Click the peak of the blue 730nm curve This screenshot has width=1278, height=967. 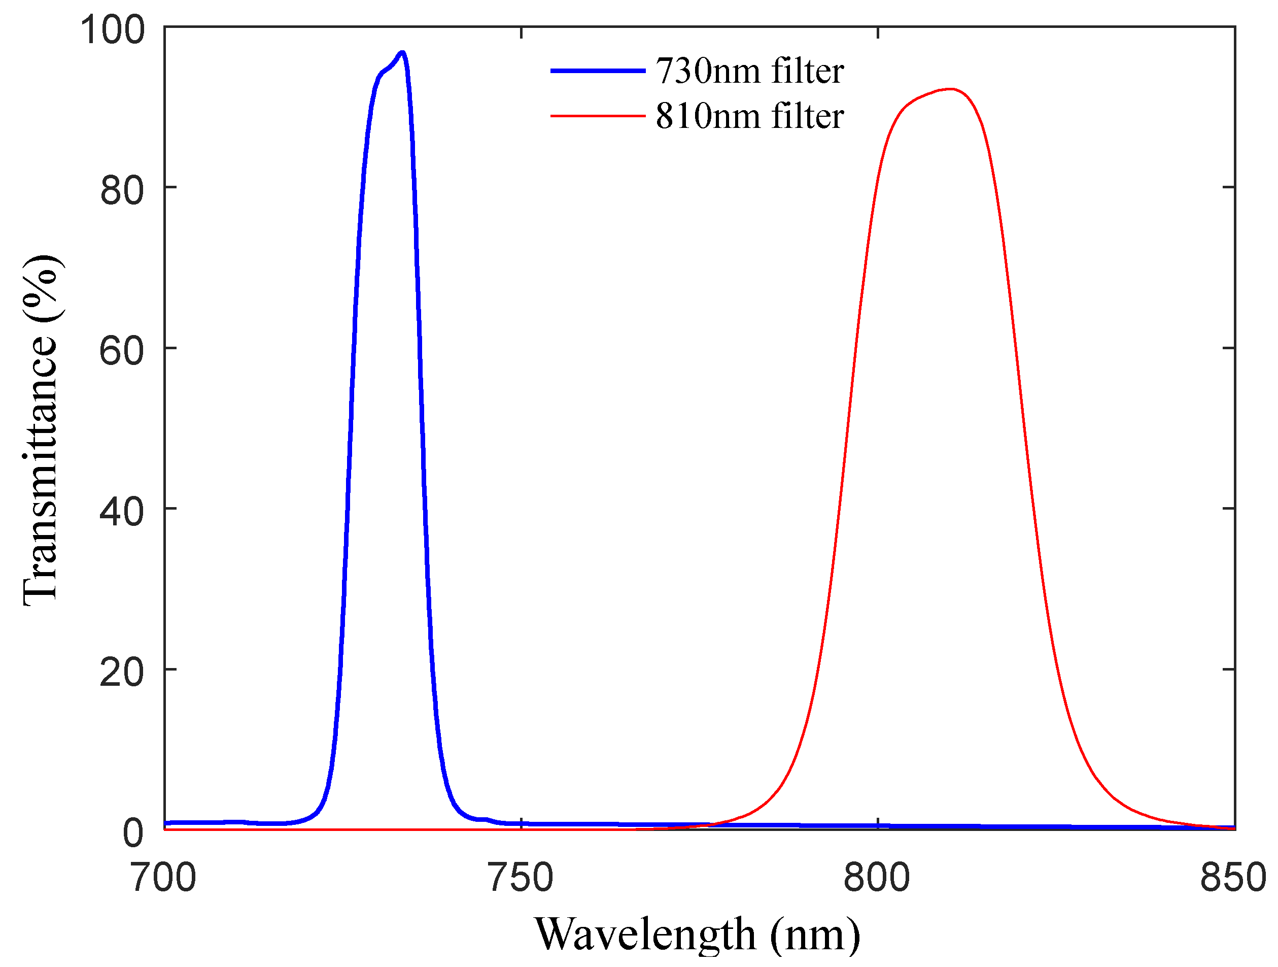[402, 53]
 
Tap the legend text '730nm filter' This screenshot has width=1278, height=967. [749, 72]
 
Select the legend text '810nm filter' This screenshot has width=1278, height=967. [749, 116]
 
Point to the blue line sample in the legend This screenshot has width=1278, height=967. [598, 71]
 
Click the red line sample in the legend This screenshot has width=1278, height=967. [598, 116]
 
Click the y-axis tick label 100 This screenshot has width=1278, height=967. [112, 29]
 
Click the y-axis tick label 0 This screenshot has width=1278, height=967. [133, 833]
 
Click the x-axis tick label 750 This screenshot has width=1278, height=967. [521, 878]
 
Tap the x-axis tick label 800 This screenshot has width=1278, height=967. [877, 878]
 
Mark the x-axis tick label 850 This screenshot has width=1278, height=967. [1233, 878]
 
